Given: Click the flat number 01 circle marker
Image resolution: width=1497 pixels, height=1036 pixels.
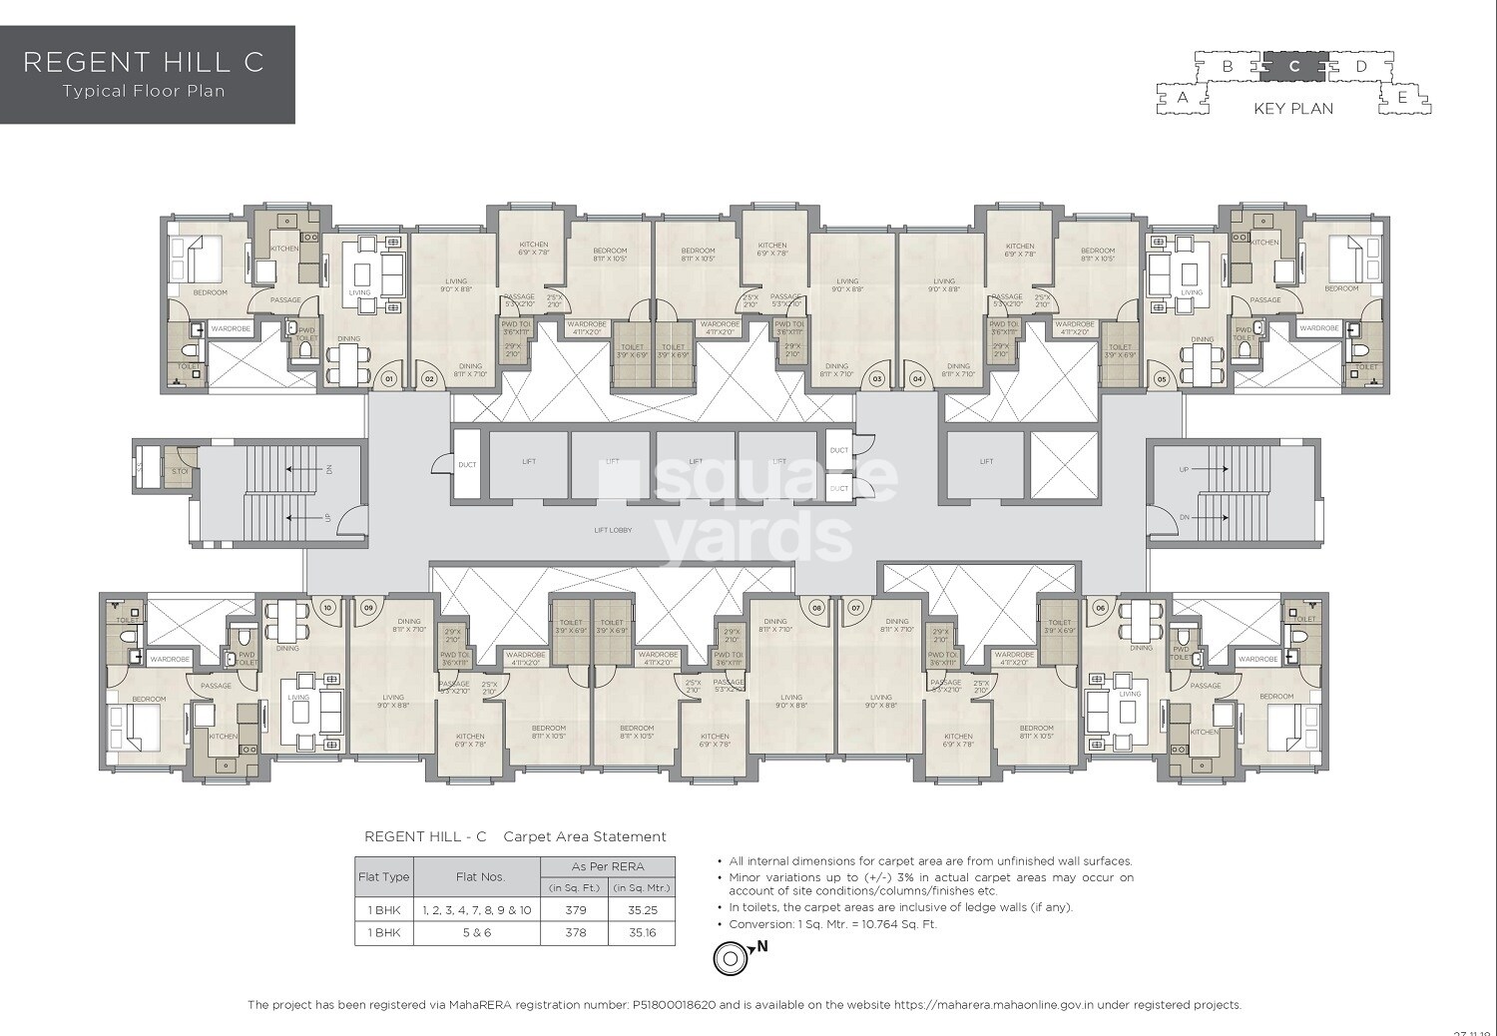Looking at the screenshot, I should point(390,379).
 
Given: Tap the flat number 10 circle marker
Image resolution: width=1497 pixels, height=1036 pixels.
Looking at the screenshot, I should point(326,607).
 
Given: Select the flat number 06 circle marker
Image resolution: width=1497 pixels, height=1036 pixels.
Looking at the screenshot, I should point(1101,607).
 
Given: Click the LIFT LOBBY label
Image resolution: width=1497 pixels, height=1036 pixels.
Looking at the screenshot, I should point(612,530).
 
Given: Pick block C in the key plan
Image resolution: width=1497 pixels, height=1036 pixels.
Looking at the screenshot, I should point(1294,67).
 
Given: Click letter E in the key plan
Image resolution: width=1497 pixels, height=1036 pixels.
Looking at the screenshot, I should point(1402,98).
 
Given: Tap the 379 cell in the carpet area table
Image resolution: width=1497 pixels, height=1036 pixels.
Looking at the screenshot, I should point(575,910).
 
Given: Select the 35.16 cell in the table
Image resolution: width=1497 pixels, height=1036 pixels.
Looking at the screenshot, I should point(641,933).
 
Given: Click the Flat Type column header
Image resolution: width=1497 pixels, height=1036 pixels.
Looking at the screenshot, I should point(384,877).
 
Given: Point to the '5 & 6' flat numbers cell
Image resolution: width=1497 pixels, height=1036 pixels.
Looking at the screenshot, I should point(477,933).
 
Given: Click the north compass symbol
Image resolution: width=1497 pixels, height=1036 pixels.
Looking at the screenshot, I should point(730,959).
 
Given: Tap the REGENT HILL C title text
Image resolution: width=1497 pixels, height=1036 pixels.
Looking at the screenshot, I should point(144,62).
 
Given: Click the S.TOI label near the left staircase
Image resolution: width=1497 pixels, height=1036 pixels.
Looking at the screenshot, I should point(180,472).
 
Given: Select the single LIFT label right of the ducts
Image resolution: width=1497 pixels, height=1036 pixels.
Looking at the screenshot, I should point(986,461).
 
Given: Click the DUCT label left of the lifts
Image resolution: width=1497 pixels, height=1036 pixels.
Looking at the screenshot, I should point(467,465).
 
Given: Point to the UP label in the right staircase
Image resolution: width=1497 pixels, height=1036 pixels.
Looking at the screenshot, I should point(1185,469).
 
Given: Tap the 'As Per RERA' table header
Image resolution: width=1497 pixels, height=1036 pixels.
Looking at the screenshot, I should point(608,866).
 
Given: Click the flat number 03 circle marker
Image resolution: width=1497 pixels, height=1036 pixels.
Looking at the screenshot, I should point(877,379).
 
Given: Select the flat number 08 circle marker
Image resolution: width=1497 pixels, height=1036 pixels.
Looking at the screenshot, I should point(817,607).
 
